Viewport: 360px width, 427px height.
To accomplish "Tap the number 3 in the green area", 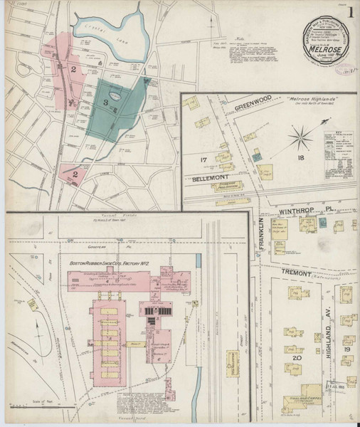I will (x=107, y=103).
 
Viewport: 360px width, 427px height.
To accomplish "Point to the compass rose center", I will (x=301, y=132).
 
